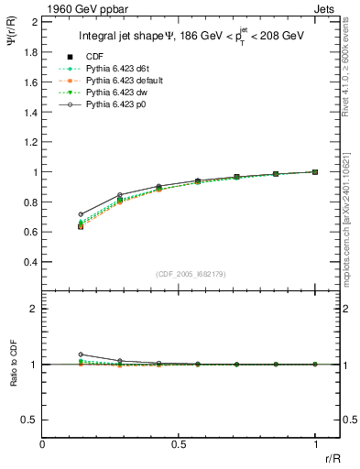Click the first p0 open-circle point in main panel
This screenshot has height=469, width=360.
[x=81, y=214]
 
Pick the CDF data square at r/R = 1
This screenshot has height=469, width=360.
[x=315, y=171]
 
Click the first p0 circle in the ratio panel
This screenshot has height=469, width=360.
[x=81, y=354]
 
